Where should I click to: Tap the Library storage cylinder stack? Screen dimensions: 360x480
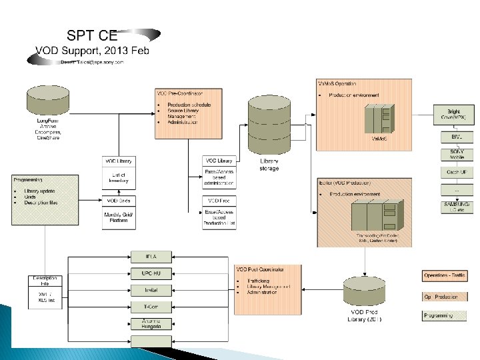(x=269, y=126)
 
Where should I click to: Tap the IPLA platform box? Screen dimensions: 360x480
(x=151, y=257)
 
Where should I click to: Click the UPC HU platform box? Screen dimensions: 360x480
(x=151, y=273)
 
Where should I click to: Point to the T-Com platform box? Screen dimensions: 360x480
(x=151, y=307)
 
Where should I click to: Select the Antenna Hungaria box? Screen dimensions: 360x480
(x=151, y=323)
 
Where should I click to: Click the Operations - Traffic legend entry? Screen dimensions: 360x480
(x=445, y=275)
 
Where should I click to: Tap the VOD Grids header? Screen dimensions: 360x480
(x=119, y=201)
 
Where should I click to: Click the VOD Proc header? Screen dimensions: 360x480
(x=219, y=201)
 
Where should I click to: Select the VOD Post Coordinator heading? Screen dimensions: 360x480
(x=261, y=269)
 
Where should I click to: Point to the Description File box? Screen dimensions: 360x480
(x=45, y=281)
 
